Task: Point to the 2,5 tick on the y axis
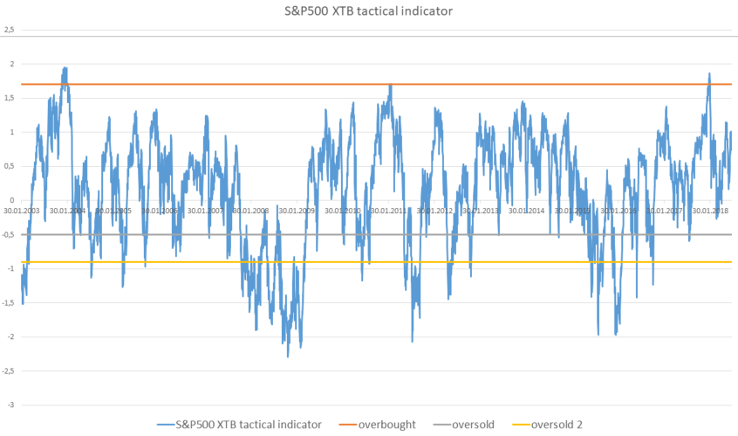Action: pyautogui.click(x=10, y=30)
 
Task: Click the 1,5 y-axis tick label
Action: pyautogui.click(x=10, y=98)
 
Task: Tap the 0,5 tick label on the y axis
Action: pyautogui.click(x=10, y=166)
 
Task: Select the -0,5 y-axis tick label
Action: pyautogui.click(x=9, y=234)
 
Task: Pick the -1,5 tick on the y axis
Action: pyautogui.click(x=9, y=302)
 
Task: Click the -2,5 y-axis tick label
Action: pyautogui.click(x=9, y=370)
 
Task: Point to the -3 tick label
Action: pyautogui.click(x=11, y=405)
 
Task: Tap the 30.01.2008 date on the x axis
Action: pyautogui.click(x=258, y=211)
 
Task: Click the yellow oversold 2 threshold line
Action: pyautogui.click(x=489, y=262)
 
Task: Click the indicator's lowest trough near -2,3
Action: pyautogui.click(x=288, y=356)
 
